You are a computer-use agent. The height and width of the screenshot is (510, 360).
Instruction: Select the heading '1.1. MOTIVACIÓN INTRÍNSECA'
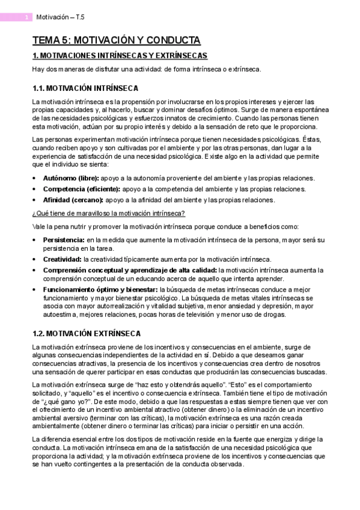[x=85, y=88]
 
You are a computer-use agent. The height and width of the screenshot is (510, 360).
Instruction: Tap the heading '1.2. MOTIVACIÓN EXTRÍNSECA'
[x=87, y=333]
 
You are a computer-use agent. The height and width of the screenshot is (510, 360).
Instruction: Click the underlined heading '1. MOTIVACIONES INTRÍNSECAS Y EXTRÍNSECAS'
[x=120, y=56]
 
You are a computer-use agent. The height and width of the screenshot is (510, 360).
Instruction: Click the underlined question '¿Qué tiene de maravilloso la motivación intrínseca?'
[x=108, y=213]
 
